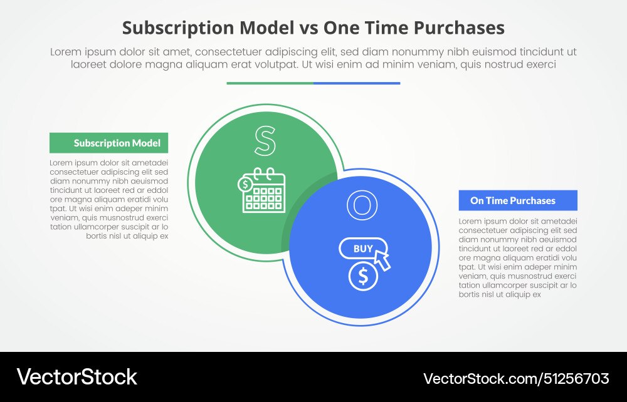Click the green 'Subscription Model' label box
point(108,143)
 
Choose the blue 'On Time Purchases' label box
point(518,200)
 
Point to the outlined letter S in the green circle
point(265,141)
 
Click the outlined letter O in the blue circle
point(360,206)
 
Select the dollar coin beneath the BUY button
point(363,277)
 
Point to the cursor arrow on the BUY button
point(382,259)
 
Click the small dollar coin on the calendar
point(245,185)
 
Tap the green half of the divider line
point(270,83)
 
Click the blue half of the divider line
point(357,83)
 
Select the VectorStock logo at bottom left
point(76,377)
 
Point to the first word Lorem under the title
point(65,52)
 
